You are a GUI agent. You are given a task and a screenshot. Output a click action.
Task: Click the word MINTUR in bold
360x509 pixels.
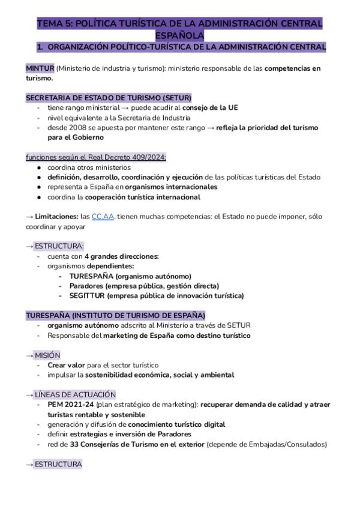coord(40,68)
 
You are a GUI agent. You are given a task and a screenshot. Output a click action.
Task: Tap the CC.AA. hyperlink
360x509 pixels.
coord(103,217)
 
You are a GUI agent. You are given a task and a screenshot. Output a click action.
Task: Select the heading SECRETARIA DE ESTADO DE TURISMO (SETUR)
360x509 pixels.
coord(109,98)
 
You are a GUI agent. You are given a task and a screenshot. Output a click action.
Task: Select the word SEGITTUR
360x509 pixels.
coord(88,295)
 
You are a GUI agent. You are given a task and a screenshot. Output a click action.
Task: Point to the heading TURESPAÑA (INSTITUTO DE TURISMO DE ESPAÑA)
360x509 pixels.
coord(116,315)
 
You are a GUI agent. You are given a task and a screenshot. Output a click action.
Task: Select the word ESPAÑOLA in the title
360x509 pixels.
coord(180,35)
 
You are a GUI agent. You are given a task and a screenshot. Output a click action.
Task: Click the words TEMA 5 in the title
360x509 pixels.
coord(56,23)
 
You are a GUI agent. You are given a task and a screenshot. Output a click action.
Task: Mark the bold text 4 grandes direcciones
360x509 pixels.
coord(122,256)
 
